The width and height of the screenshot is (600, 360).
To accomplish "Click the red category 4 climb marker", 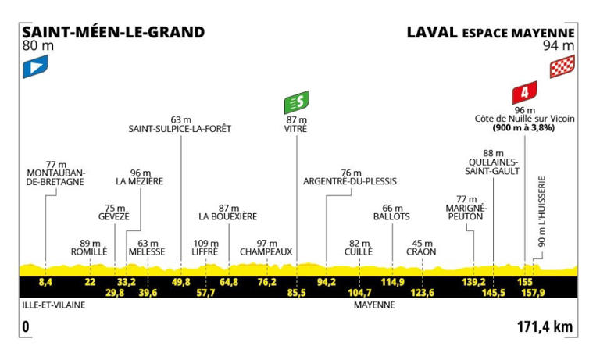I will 523,94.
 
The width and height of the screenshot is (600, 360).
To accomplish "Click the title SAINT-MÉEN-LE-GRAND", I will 113,33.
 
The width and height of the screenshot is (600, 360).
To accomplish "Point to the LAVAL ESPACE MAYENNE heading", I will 491,34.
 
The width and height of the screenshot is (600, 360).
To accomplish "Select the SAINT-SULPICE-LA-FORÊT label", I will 180,129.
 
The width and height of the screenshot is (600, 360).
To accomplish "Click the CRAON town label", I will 421,252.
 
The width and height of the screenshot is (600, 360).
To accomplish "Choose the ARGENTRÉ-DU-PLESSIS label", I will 349,181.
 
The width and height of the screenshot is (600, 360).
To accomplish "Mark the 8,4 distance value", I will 45,280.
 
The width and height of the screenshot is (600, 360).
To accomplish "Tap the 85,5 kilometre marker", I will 296,292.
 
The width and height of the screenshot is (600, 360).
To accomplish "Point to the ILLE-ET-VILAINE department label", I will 53,307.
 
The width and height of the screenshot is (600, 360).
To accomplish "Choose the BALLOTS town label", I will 391,216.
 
